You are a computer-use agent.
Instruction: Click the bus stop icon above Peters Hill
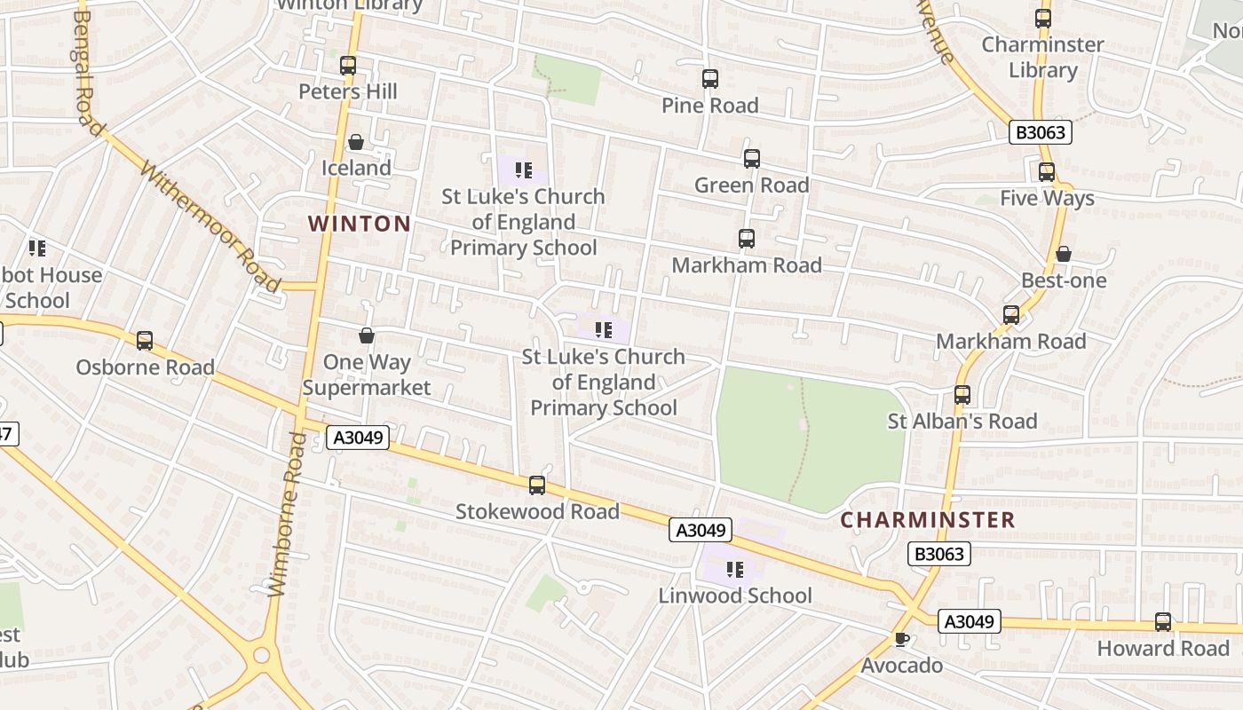coord(348,65)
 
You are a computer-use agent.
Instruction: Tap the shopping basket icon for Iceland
coord(356,142)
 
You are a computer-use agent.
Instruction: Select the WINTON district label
coord(360,224)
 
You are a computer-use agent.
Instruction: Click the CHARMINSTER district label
coord(927,520)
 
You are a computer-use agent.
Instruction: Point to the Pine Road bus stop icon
coord(710,79)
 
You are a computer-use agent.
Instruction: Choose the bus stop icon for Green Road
coord(752,159)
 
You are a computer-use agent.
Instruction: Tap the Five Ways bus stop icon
coord(1047,172)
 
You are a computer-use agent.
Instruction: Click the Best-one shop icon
coord(1063,255)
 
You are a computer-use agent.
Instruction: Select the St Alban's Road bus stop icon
coord(962,395)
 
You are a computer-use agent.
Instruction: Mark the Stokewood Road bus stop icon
coord(537,485)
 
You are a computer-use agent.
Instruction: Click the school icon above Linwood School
coord(734,569)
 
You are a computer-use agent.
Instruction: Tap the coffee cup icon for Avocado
coord(902,639)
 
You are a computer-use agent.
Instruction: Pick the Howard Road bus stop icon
coord(1163,622)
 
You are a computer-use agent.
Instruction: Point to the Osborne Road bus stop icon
coord(145,341)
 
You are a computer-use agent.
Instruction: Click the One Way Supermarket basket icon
coord(366,335)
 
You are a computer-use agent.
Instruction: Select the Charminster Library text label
coord(1042,57)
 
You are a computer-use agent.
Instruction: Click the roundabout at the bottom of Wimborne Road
coord(261,656)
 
